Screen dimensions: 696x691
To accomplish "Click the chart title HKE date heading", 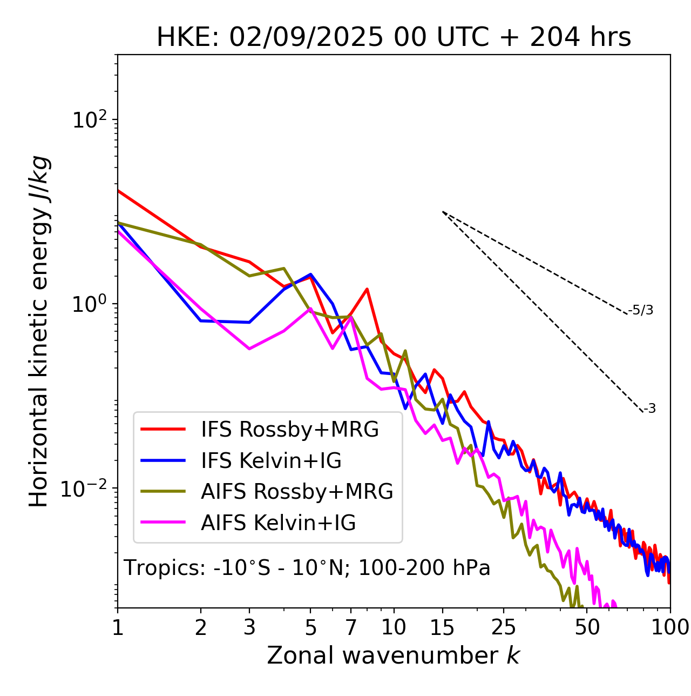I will [x=394, y=38].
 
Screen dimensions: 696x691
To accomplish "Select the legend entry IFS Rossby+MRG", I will [x=289, y=429].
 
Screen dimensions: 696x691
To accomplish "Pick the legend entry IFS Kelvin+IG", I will [x=271, y=460].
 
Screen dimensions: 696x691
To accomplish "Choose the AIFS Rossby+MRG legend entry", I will [x=297, y=491].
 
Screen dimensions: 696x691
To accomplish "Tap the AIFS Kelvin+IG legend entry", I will [x=278, y=523].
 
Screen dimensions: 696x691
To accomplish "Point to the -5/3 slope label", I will [x=641, y=310].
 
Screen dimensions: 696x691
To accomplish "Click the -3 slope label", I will [x=650, y=409].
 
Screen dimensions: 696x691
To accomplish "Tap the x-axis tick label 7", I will [x=351, y=627].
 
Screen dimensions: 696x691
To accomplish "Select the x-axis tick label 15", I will [x=442, y=627].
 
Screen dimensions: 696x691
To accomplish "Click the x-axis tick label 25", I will [x=504, y=627].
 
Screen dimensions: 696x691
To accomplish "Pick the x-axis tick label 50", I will [x=587, y=627].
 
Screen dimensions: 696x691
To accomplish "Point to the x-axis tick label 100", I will [x=670, y=627].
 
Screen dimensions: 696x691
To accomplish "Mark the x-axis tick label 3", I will [x=249, y=627].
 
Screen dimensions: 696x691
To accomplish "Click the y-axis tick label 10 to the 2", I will [x=87, y=120].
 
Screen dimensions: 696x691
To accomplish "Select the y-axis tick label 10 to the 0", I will [x=87, y=304].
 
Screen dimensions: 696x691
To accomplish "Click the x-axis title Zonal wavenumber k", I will [x=394, y=655].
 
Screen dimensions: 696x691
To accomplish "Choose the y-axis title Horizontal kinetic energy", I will [x=39, y=331].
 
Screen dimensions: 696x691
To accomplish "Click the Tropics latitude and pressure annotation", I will [x=307, y=568].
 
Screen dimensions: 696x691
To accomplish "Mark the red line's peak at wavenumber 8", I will [x=367, y=289].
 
